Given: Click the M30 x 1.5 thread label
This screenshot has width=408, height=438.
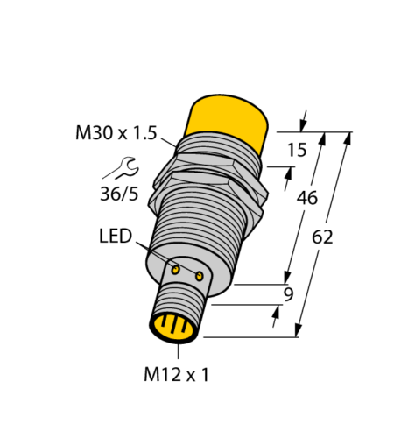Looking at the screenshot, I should pos(115,133).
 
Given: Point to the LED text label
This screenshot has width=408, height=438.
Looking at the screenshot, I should pos(115,237).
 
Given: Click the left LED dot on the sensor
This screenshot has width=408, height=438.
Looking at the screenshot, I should pos(175,271).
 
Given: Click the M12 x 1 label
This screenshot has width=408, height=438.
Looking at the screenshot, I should pos(176,375).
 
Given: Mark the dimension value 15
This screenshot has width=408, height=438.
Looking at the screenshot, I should pos(297,150).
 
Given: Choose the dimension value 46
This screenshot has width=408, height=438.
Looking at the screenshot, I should pos(306,199).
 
